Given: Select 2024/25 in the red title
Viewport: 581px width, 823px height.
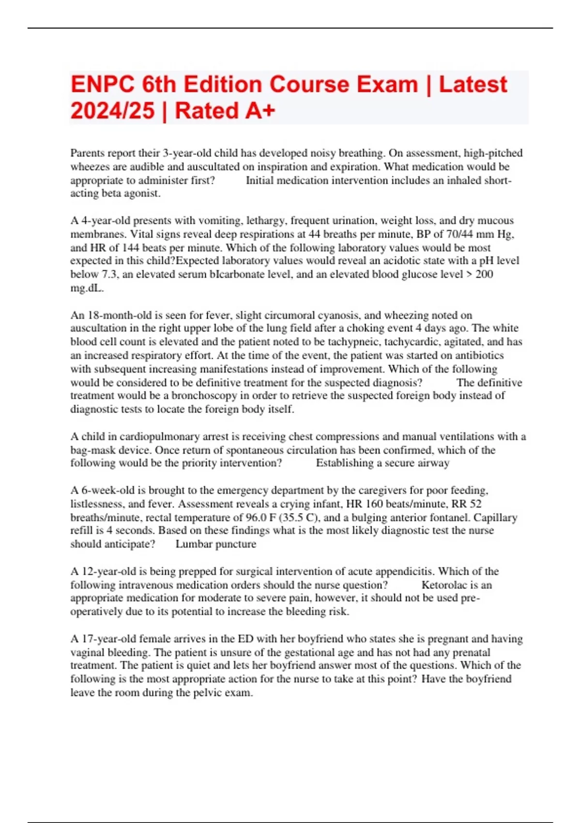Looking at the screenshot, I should pyautogui.click(x=112, y=111).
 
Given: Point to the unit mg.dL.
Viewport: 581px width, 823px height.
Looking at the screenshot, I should pyautogui.click(x=87, y=288).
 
